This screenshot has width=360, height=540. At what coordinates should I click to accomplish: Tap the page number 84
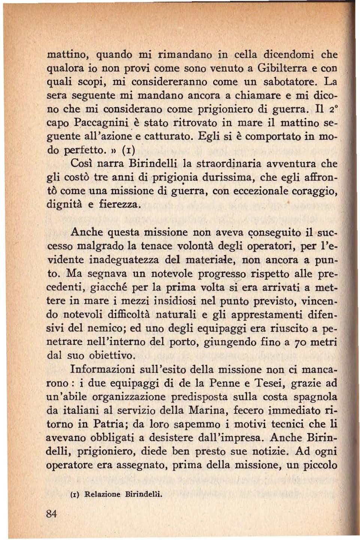click(x=51, y=514)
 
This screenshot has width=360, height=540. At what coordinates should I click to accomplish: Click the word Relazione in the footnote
click(x=102, y=494)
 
